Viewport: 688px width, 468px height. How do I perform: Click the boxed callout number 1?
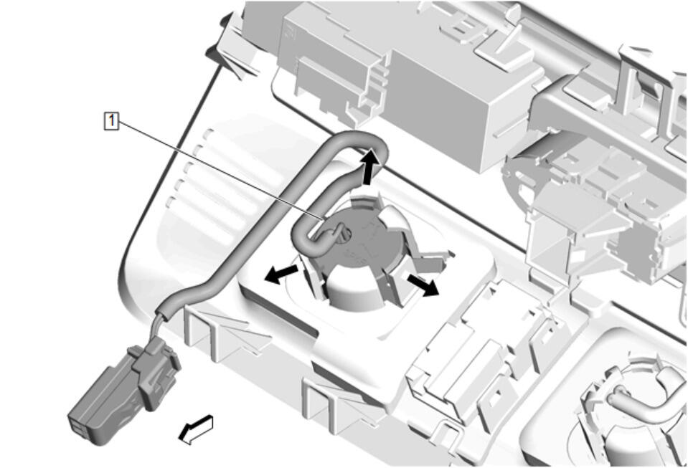[111, 120]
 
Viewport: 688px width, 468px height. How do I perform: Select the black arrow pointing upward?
[369, 166]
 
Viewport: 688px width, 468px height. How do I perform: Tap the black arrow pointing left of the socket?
[282, 273]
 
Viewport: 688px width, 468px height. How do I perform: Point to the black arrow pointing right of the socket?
[422, 285]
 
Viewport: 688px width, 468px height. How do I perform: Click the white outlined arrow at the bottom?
[196, 429]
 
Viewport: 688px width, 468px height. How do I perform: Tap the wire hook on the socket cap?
[334, 232]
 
